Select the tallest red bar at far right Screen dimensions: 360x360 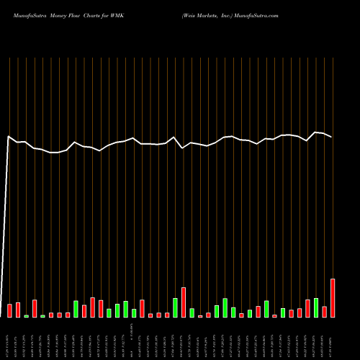coord(333,298)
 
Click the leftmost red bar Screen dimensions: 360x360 coord(10,311)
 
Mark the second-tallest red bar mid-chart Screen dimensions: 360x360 coord(184,302)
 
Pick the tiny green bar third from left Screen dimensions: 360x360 coord(27,316)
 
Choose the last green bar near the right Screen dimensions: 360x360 coord(316,308)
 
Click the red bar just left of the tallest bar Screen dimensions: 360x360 coord(325,312)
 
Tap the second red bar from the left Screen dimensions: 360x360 coord(18,310)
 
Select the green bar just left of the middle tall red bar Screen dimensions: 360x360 coord(175,307)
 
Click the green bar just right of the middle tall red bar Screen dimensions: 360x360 coord(192,312)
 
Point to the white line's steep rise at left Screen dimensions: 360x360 coord(6,216)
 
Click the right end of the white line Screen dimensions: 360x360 coord(332,137)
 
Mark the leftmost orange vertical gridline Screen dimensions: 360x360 coord(10,180)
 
